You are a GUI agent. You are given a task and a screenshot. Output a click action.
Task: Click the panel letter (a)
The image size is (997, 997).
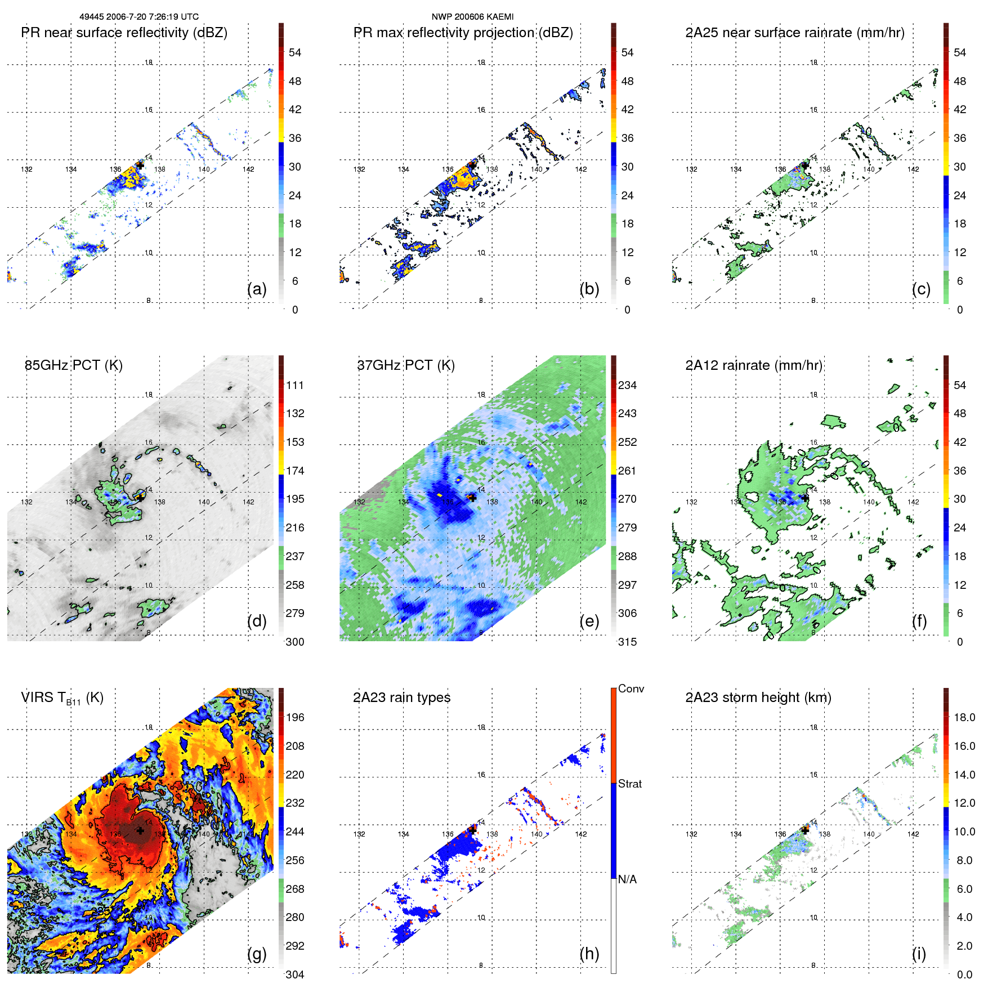257,289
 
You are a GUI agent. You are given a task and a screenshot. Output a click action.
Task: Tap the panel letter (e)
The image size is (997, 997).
589,622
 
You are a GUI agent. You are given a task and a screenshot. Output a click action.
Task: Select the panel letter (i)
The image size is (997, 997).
919,954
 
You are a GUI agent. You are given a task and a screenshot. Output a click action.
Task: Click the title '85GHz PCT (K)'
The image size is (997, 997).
74,365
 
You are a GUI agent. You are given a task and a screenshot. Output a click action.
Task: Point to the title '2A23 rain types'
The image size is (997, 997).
401,698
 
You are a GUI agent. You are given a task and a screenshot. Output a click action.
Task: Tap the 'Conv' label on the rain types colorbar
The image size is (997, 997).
631,688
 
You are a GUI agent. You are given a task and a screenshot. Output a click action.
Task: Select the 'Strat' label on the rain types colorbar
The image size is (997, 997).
629,784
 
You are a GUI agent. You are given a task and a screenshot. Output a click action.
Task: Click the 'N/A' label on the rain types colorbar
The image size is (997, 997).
627,879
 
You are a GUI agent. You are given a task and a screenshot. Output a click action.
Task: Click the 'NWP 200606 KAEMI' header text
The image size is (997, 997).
472,17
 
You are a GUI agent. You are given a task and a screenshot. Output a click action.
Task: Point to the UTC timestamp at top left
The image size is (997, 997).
139,17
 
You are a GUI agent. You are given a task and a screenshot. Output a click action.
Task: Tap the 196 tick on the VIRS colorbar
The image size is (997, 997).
295,717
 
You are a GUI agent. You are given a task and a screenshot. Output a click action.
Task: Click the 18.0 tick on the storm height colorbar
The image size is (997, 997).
964,717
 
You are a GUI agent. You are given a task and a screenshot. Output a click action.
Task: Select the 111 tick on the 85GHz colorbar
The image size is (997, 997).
295,385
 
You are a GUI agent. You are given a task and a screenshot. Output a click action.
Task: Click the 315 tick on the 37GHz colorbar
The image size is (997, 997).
627,642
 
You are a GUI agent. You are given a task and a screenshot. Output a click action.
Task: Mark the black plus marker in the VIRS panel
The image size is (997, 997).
140,830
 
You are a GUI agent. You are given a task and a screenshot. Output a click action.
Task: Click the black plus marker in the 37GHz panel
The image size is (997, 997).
472,498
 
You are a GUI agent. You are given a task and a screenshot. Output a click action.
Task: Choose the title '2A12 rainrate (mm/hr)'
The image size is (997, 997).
754,365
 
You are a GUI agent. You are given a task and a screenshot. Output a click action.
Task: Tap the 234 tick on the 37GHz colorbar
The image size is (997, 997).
627,385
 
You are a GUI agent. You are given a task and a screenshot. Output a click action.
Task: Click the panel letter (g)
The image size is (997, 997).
257,954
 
